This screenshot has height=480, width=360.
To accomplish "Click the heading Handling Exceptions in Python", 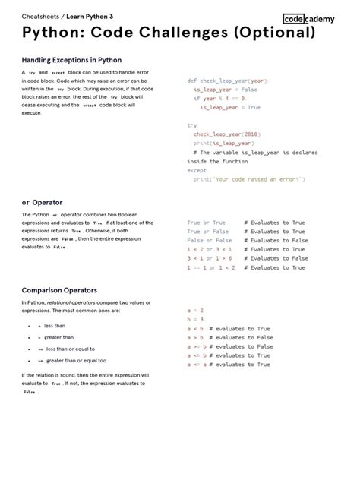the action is point(71,59).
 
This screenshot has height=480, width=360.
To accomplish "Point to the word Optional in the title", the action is point(270,33).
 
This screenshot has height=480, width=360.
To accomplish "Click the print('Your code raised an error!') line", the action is point(248,179).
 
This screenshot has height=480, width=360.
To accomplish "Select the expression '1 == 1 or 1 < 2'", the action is point(210,267).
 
